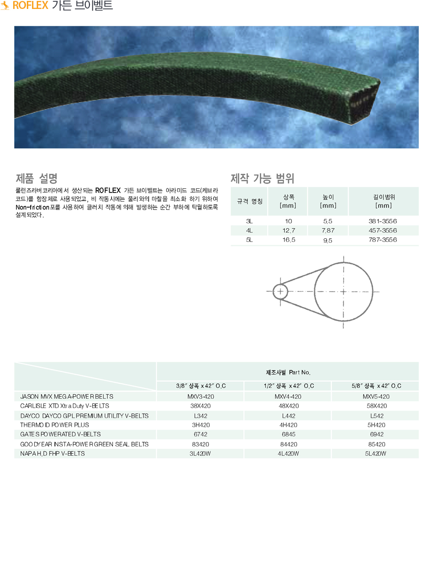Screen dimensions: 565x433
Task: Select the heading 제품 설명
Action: (37, 178)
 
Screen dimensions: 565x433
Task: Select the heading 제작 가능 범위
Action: (262, 178)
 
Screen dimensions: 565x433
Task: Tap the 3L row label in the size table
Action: (249, 221)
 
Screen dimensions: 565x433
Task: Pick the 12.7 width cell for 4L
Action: (288, 230)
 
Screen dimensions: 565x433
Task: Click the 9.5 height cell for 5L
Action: (328, 240)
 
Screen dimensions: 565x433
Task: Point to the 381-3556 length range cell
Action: (383, 221)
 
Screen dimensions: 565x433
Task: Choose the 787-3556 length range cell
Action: (383, 240)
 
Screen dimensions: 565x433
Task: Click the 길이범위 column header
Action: (383, 201)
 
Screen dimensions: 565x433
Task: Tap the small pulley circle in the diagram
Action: (280, 291)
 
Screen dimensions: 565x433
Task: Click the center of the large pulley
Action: (344, 292)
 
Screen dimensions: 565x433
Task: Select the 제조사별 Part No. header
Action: (288, 372)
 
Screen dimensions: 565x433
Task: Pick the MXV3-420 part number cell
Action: (200, 396)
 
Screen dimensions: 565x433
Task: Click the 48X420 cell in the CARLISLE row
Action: (288, 406)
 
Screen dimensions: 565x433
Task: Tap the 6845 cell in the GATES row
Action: (288, 435)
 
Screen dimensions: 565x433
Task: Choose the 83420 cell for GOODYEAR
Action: (200, 444)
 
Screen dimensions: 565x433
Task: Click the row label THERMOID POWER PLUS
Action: (55, 425)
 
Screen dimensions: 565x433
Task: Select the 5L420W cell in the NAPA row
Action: (376, 454)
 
